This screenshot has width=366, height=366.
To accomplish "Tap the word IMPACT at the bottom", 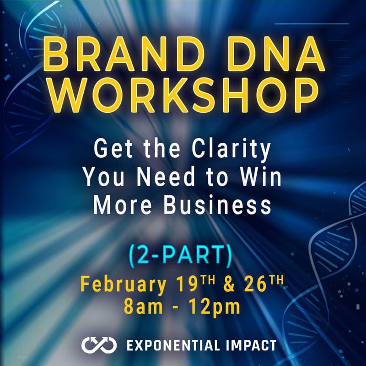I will (254, 345).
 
